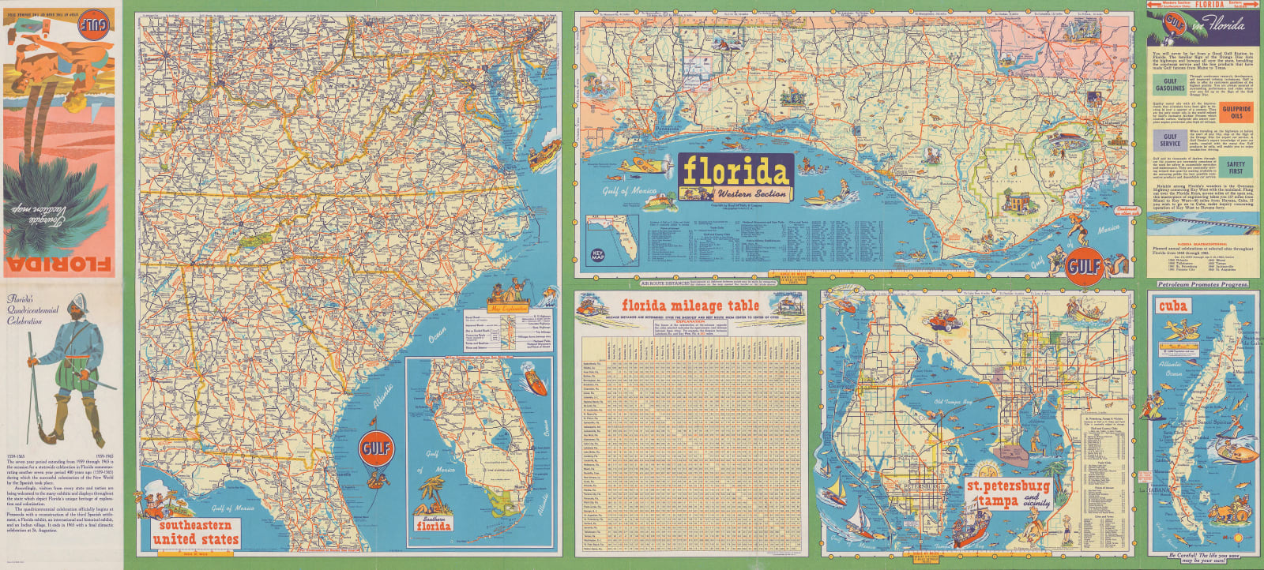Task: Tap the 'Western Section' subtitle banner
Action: coord(751,193)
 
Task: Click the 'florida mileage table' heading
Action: coord(690,306)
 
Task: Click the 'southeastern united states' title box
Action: coord(195,532)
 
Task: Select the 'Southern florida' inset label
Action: coord(434,522)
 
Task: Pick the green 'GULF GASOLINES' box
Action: coord(1170,84)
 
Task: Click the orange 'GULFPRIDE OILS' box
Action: coord(1236,112)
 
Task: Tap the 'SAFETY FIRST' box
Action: coord(1236,167)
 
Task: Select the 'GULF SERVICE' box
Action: coord(1170,141)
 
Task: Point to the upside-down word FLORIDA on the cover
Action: coord(60,263)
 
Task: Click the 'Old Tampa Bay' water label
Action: coord(954,402)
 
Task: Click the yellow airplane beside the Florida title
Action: coord(638,167)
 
